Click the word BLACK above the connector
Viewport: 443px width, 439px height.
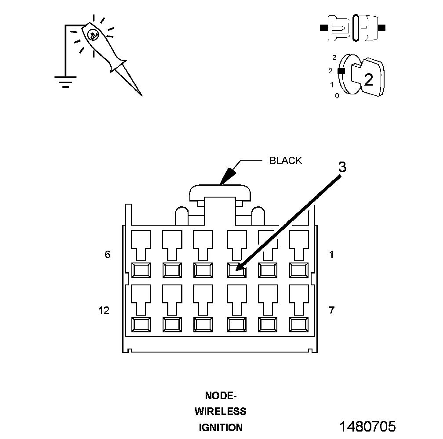pos(286,161)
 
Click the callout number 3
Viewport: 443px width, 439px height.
pos(342,167)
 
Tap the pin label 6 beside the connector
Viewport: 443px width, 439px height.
pos(108,254)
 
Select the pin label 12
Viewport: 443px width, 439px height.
pos(104,310)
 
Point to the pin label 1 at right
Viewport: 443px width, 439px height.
pos(331,254)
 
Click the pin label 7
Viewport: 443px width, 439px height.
pos(331,310)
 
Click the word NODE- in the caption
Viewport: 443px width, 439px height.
pos(221,396)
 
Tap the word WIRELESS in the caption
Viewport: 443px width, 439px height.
pos(221,411)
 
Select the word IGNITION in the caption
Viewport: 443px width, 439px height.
pos(221,427)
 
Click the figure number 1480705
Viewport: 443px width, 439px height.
pos(367,426)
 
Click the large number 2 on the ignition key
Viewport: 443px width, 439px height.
pos(368,79)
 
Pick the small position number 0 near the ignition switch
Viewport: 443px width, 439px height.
pos(337,95)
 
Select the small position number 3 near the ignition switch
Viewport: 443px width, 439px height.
pos(334,58)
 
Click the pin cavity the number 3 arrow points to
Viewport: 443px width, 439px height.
pos(236,270)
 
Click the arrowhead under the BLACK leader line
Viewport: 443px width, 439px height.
pos(226,177)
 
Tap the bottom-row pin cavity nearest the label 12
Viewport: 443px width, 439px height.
pos(142,324)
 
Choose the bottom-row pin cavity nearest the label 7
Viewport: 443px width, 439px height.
pos(298,324)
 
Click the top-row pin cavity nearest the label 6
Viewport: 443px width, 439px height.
pos(142,270)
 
